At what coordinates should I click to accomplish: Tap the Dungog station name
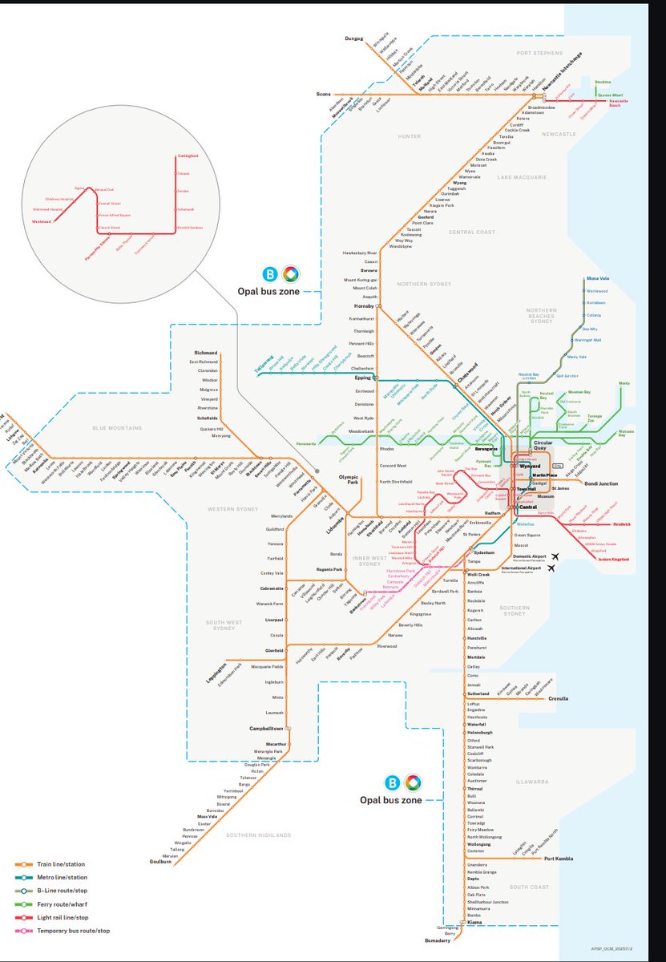353,38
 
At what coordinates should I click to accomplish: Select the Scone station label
323,95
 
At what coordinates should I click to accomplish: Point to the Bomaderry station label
427,940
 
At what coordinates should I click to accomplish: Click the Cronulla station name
559,698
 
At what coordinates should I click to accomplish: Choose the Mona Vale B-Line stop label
598,278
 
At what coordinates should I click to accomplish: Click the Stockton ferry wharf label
603,82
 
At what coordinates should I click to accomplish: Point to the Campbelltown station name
265,728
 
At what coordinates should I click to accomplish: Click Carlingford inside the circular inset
188,156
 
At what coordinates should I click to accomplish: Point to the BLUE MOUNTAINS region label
116,428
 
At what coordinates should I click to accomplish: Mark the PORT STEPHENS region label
535,52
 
